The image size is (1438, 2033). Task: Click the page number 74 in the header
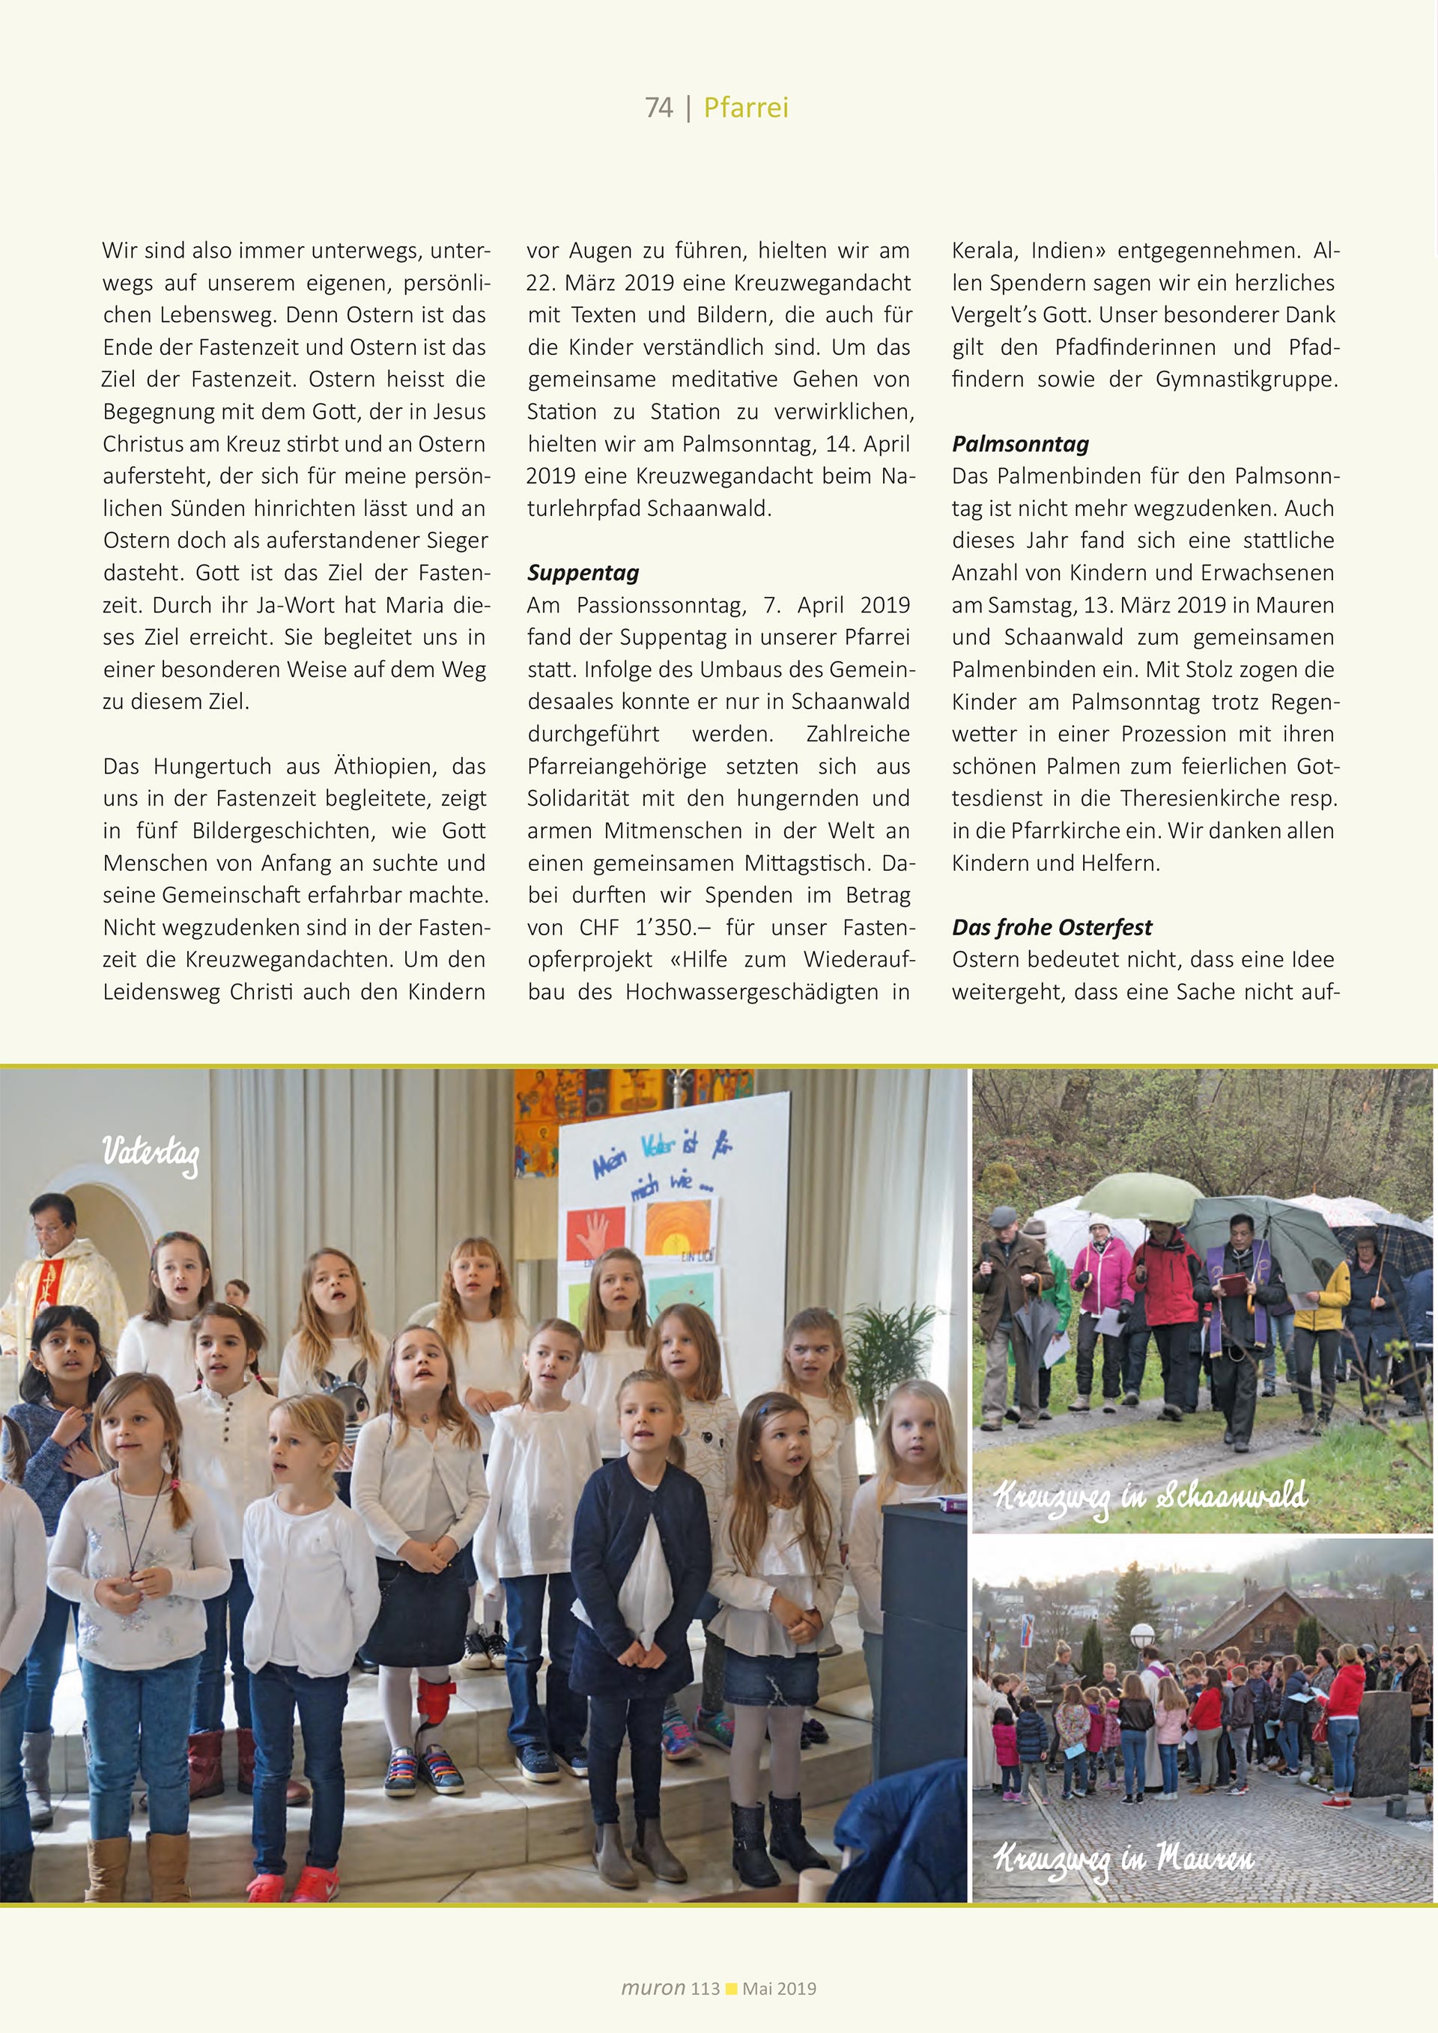[x=659, y=108]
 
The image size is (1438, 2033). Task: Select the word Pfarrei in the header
[x=745, y=108]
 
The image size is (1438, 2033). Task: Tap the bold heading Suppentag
[x=583, y=573]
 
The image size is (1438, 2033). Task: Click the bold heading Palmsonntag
[x=1020, y=445]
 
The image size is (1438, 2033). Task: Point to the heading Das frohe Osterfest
[x=1052, y=927]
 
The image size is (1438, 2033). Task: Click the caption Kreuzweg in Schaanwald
[x=1150, y=1496]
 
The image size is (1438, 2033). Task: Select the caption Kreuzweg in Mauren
[x=1123, y=1856]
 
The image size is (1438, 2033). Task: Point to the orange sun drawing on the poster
[x=677, y=1227]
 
